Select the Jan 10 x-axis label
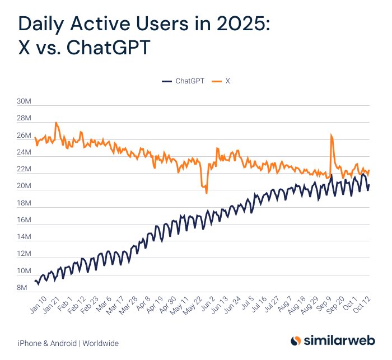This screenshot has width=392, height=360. pos(37,306)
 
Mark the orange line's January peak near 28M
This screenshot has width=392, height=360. pos(56,123)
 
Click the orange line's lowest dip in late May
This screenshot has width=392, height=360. pos(206,193)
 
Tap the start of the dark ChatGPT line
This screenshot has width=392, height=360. pos(35,280)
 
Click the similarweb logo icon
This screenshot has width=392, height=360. pos(296,341)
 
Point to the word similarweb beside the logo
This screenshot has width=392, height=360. pos(339,341)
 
